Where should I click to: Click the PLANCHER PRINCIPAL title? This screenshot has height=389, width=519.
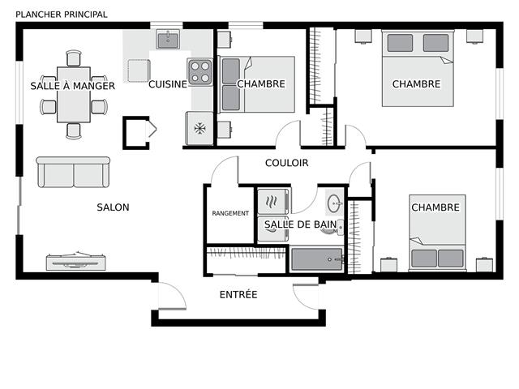62,15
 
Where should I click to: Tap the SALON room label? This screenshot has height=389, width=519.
113,207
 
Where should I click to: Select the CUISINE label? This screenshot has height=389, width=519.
168,84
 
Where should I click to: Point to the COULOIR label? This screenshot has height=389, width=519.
286,163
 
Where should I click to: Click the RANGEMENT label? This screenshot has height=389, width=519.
230,213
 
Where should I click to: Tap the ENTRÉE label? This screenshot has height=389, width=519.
238,294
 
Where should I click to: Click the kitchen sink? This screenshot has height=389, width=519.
168,40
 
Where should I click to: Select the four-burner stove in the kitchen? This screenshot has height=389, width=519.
200,72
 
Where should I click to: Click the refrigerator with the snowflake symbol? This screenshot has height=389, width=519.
199,128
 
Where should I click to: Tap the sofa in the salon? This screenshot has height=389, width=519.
73,173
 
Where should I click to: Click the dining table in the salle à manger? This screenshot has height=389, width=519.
74,95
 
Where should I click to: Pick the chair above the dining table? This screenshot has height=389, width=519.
74,58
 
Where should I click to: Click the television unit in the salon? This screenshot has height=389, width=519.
75,261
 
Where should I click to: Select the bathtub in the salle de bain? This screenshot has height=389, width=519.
317,259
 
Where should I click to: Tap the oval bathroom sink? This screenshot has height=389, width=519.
334,203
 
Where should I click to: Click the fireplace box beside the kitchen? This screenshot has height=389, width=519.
136,133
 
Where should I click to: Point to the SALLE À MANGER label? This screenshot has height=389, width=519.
72,86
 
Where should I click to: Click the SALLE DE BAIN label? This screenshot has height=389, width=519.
300,224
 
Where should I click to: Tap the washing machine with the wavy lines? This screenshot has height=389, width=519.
273,202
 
